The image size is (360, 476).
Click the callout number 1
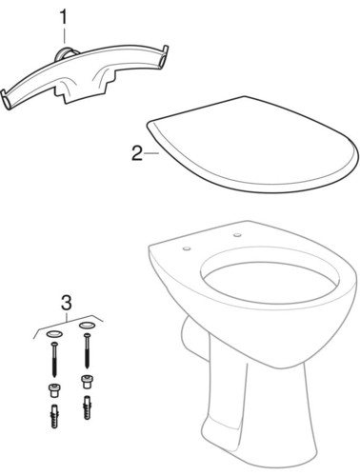(x=65, y=16)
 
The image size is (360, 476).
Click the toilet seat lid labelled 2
(x=252, y=143)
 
